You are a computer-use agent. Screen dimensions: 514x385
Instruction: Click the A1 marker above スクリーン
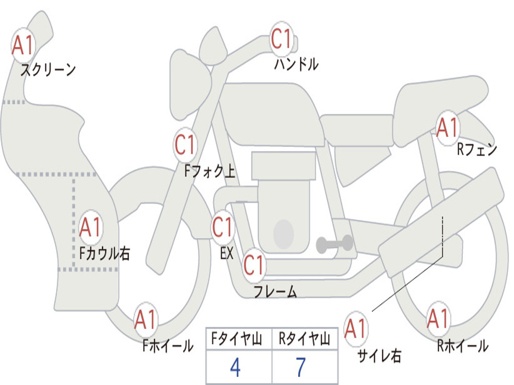pyautogui.click(x=23, y=46)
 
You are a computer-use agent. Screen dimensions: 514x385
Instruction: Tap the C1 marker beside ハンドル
pyautogui.click(x=282, y=39)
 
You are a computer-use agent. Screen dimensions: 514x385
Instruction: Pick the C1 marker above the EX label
pyautogui.click(x=222, y=228)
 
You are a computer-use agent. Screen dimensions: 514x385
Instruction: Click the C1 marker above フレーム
pyautogui.click(x=253, y=265)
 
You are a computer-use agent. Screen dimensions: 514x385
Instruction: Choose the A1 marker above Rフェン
pyautogui.click(x=447, y=128)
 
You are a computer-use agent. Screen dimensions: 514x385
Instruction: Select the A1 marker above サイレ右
pyautogui.click(x=356, y=329)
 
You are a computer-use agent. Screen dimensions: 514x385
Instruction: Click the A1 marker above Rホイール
pyautogui.click(x=438, y=319)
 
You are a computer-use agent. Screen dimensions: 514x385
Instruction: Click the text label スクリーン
pyautogui.click(x=48, y=70)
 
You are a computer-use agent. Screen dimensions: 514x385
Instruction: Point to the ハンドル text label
pyautogui.click(x=297, y=64)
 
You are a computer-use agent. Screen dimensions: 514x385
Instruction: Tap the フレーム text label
pyautogui.click(x=275, y=291)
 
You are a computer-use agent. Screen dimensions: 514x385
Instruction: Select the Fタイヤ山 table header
pyautogui.click(x=237, y=340)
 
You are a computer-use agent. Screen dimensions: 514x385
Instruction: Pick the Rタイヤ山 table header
pyautogui.click(x=304, y=340)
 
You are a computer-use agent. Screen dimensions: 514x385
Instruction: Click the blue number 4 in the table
pyautogui.click(x=235, y=367)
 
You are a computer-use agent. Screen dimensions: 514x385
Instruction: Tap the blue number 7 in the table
pyautogui.click(x=300, y=367)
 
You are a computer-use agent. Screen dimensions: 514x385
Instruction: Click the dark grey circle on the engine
pyautogui.click(x=283, y=234)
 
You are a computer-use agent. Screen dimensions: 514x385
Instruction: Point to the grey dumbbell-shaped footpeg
pyautogui.click(x=335, y=244)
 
